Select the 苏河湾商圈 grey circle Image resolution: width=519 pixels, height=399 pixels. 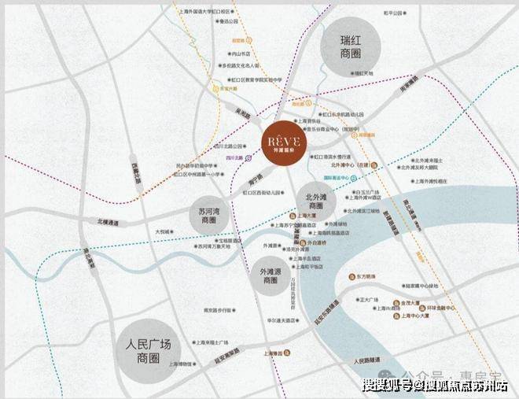pyautogui.click(x=208, y=215)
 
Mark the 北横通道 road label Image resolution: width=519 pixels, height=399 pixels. pyautogui.click(x=109, y=223)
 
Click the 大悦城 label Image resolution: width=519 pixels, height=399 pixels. pyautogui.click(x=164, y=232)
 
